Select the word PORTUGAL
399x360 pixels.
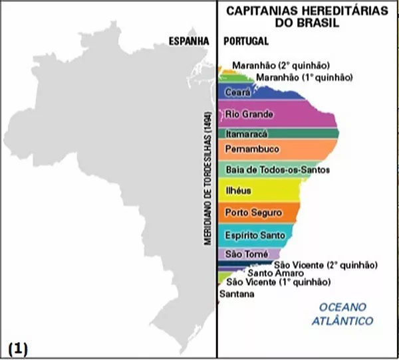[x=246, y=41]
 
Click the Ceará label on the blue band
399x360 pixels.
[x=237, y=92]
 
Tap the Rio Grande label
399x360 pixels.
[x=249, y=114]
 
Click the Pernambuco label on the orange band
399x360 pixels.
[x=252, y=148]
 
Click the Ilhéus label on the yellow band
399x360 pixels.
[x=239, y=191]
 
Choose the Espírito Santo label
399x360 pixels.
[x=255, y=235]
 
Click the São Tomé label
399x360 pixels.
[x=247, y=254]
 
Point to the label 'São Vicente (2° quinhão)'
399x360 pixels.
[x=307, y=264]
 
